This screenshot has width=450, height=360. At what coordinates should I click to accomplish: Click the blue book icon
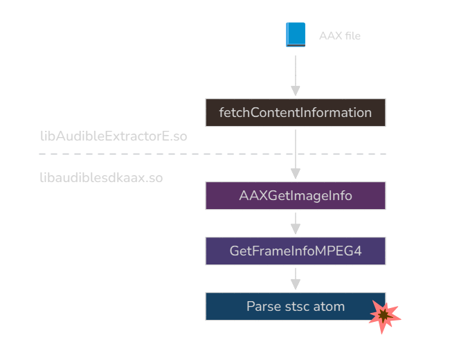296,35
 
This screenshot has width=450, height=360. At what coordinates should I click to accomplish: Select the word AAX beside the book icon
330,36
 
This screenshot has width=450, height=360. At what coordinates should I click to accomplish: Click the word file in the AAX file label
352,36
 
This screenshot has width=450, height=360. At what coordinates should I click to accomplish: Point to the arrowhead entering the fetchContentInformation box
296,91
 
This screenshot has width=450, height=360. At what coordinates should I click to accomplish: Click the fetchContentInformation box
296,113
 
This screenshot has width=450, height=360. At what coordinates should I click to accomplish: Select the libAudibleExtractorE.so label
114,136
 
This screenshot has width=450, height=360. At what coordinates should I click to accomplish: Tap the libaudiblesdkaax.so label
101,178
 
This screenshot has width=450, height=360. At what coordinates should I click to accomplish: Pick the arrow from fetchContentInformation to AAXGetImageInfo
296,149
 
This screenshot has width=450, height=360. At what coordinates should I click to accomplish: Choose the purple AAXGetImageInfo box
296,196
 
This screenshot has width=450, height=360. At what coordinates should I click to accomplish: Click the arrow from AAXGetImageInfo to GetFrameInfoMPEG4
296,223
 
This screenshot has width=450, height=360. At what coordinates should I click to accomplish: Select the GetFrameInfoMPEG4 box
296,251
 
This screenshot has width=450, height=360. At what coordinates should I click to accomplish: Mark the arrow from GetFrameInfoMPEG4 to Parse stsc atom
296,278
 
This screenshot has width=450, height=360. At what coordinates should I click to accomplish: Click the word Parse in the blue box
263,306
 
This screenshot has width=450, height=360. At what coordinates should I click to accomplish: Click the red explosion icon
384,316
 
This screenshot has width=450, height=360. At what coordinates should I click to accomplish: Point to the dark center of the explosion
383,316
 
